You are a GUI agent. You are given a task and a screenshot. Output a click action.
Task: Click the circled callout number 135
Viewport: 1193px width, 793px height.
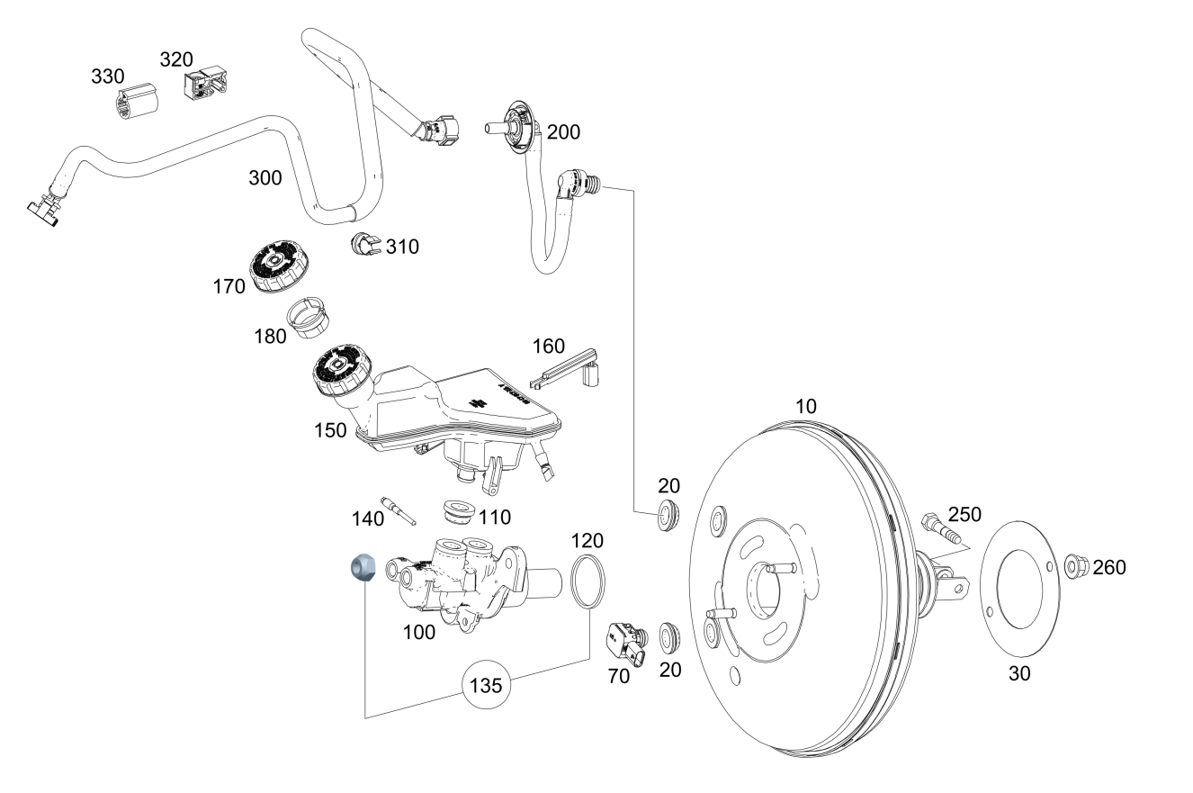tap(486, 685)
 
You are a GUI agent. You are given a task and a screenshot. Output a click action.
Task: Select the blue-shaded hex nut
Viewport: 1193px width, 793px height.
tap(363, 567)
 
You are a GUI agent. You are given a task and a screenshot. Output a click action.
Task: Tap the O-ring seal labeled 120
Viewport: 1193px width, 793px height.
tap(588, 581)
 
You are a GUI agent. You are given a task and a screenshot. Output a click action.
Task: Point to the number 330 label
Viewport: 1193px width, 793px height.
tap(108, 77)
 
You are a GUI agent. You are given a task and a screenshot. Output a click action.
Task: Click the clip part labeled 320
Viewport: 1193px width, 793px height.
tap(205, 83)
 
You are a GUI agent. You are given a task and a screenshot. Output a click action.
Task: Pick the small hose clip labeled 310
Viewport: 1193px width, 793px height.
tap(365, 244)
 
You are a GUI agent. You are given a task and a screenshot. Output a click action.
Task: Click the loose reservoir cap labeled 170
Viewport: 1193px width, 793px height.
tap(280, 266)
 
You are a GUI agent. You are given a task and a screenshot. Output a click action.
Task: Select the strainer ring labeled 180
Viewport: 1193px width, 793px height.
tap(309, 318)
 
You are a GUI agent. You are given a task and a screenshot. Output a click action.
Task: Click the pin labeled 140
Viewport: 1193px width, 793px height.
tap(398, 511)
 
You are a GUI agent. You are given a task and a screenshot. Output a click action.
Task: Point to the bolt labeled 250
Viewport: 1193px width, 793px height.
tap(940, 527)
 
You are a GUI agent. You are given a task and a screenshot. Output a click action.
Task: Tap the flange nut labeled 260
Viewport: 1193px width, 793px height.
tap(1076, 566)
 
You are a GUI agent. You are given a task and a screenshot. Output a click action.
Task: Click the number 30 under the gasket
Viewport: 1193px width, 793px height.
tap(1019, 673)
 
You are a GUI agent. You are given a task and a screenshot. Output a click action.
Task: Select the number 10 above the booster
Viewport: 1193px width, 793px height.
tap(806, 407)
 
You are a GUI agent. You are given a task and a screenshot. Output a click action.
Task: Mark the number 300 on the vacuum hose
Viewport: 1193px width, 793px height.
tap(265, 177)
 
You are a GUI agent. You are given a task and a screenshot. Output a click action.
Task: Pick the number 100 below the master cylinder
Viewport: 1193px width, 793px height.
tap(419, 632)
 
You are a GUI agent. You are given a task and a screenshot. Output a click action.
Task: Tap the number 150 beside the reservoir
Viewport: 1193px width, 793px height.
tap(330, 430)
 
